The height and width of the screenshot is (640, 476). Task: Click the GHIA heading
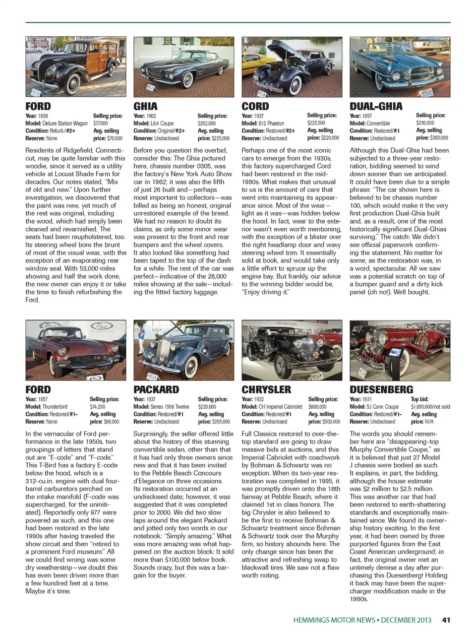[145, 106]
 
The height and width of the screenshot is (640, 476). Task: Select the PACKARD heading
[156, 389]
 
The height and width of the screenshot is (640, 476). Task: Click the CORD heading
[255, 106]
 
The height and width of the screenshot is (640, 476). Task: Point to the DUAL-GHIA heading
[376, 106]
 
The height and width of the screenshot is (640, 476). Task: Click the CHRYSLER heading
[266, 389]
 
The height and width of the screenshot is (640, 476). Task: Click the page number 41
[446, 620]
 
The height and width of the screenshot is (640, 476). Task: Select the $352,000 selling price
[207, 124]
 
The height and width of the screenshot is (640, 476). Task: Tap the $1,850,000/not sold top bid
[430, 407]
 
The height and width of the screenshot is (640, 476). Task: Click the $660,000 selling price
[317, 407]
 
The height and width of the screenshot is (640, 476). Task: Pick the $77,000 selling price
[101, 124]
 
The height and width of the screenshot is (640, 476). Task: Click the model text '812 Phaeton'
[271, 124]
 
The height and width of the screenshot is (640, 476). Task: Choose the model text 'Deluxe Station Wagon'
[65, 124]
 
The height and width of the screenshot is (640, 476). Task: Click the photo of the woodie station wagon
[75, 66]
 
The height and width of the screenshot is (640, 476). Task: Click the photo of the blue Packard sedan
[183, 350]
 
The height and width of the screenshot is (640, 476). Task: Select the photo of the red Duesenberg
[400, 350]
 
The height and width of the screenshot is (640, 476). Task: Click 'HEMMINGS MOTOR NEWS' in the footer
[334, 620]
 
